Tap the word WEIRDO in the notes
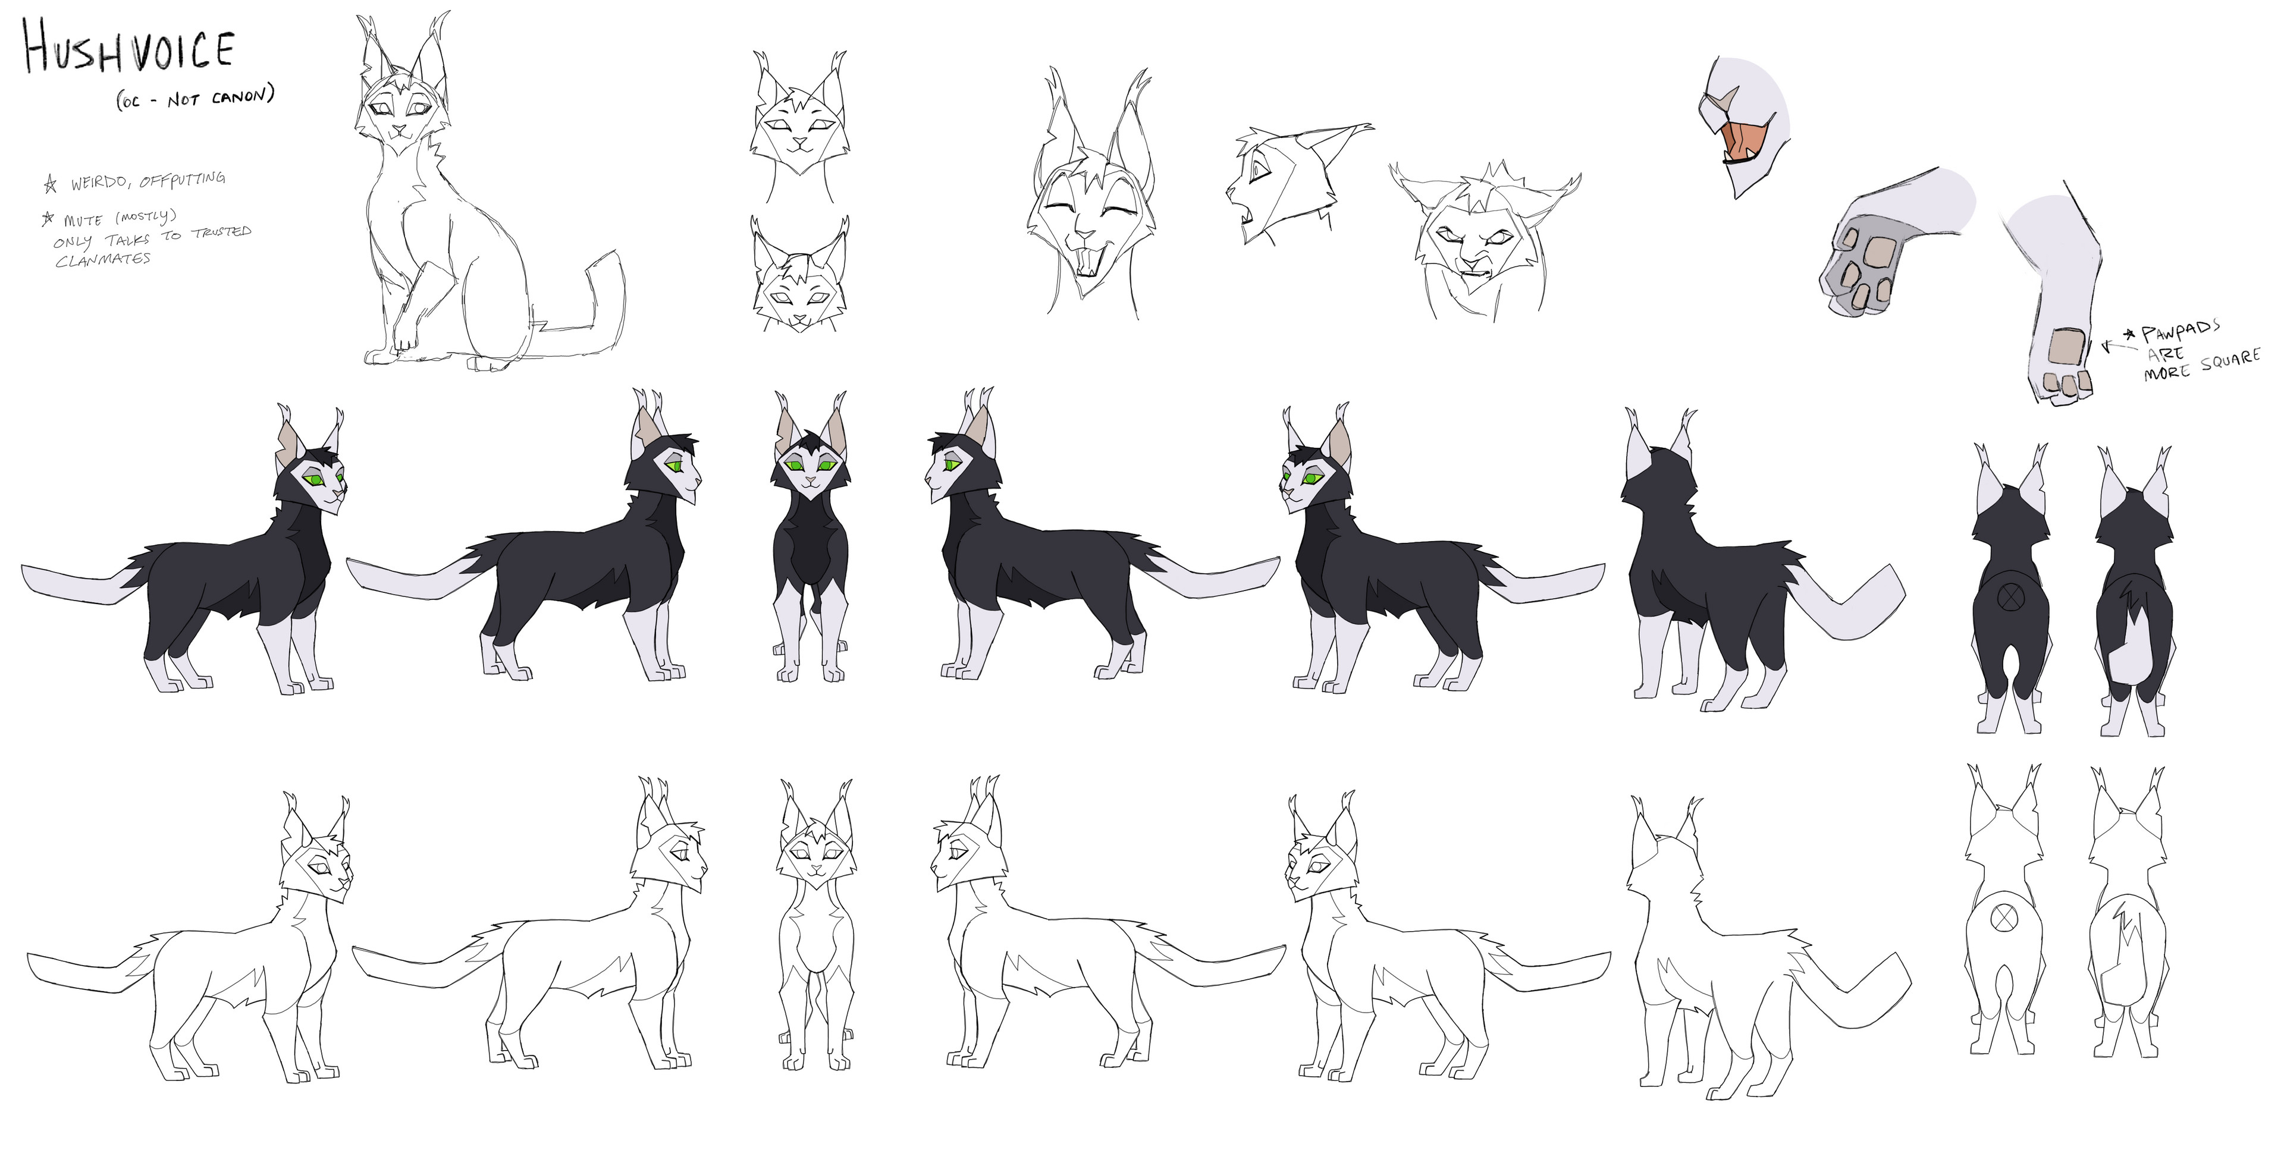(100, 183)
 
